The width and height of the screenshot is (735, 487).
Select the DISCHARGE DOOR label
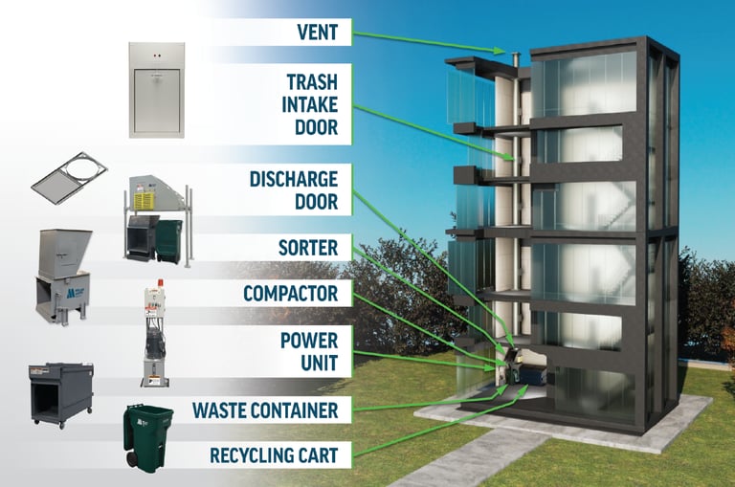pyautogui.click(x=294, y=189)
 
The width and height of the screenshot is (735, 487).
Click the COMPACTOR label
pyautogui.click(x=291, y=293)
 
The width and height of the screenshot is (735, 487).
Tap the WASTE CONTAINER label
pyautogui.click(x=265, y=410)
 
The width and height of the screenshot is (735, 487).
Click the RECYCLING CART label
pyautogui.click(x=275, y=454)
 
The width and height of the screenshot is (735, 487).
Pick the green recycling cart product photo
pyautogui.click(x=148, y=435)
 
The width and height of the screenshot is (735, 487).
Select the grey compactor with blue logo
pyautogui.click(x=63, y=271)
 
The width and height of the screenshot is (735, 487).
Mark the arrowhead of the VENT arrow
pyautogui.click(x=501, y=51)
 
